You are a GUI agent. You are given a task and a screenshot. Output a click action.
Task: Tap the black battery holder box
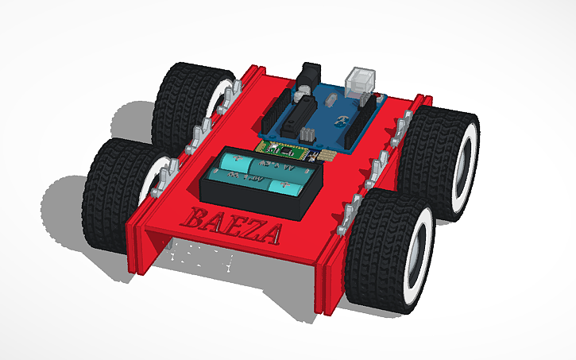coord(254,199)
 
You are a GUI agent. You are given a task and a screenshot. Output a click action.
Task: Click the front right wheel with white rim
coord(389,254)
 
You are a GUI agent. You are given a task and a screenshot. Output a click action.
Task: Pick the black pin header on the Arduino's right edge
coord(367,101)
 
